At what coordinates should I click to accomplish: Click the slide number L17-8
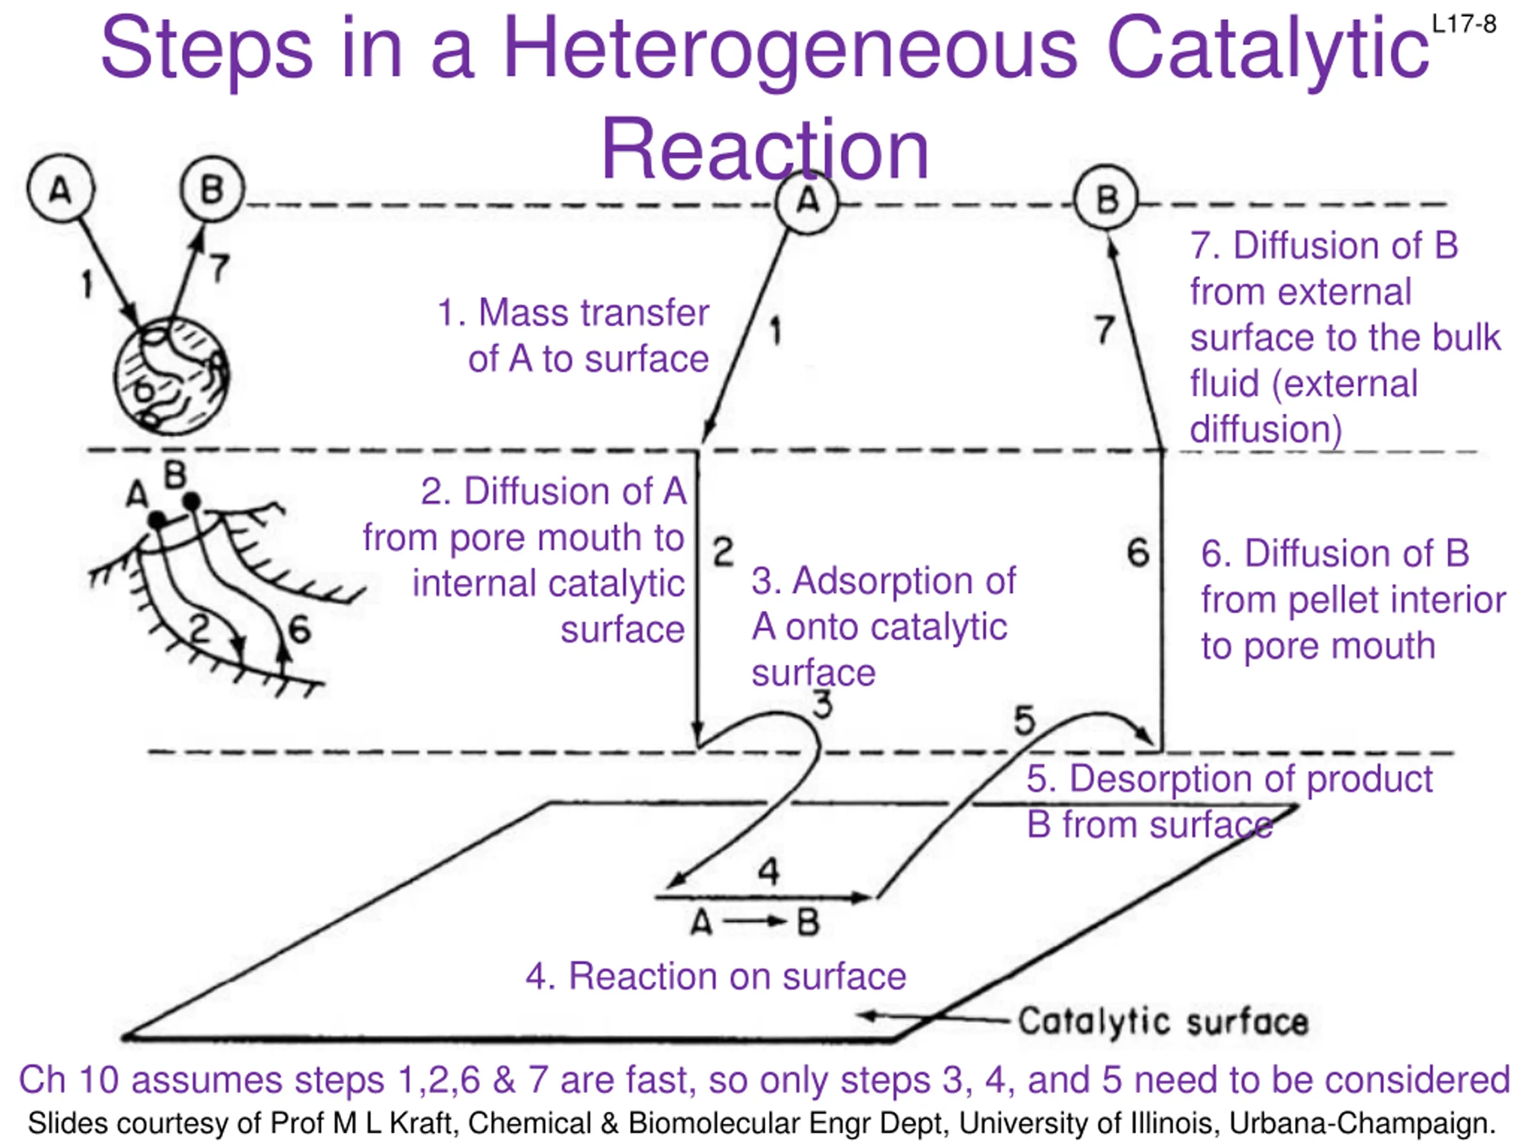(x=1464, y=25)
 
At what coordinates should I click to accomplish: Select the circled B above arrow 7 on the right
(x=1106, y=199)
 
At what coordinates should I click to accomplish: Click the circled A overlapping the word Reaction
(x=806, y=201)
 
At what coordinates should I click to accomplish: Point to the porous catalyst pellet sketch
(x=172, y=377)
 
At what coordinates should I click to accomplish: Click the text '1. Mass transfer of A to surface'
(x=574, y=335)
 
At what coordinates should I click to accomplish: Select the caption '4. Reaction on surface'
(x=715, y=976)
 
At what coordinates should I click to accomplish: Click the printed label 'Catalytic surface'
(x=1162, y=1021)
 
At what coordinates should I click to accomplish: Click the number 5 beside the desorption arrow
(x=1024, y=720)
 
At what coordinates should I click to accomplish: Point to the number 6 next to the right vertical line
(x=1138, y=553)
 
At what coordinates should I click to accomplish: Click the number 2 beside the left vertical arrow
(x=723, y=552)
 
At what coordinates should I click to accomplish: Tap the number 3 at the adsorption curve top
(x=822, y=705)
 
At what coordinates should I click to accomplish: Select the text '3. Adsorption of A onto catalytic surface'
(x=882, y=626)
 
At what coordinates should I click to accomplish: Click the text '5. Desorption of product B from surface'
(x=1228, y=801)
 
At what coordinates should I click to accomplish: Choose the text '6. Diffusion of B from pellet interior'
(x=1352, y=599)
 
